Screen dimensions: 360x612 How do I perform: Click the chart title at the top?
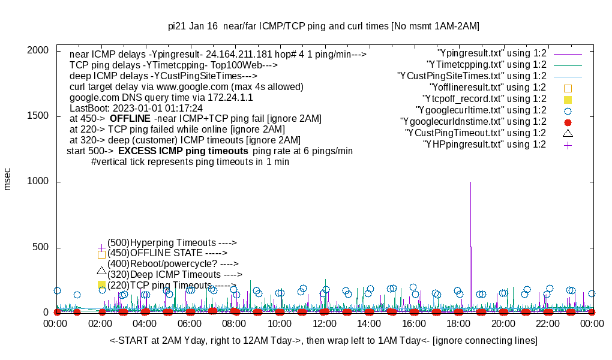point(323,26)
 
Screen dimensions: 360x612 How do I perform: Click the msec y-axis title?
point(8,179)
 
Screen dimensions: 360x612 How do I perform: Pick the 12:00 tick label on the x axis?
point(325,323)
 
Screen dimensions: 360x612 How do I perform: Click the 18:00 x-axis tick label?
point(458,323)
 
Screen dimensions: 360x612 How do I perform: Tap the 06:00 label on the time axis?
point(190,323)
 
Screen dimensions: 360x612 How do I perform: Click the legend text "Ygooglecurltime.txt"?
point(481,110)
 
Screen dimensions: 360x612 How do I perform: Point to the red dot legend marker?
point(568,122)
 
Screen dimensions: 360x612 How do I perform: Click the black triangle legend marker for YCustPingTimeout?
point(568,133)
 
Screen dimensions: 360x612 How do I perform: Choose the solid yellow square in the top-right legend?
point(568,100)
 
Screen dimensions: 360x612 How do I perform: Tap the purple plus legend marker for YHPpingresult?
point(568,145)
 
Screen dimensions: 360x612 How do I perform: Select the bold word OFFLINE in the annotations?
point(130,118)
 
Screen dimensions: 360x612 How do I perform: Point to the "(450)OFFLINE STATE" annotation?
point(163,253)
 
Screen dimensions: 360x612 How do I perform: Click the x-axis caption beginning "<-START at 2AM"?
point(323,341)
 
